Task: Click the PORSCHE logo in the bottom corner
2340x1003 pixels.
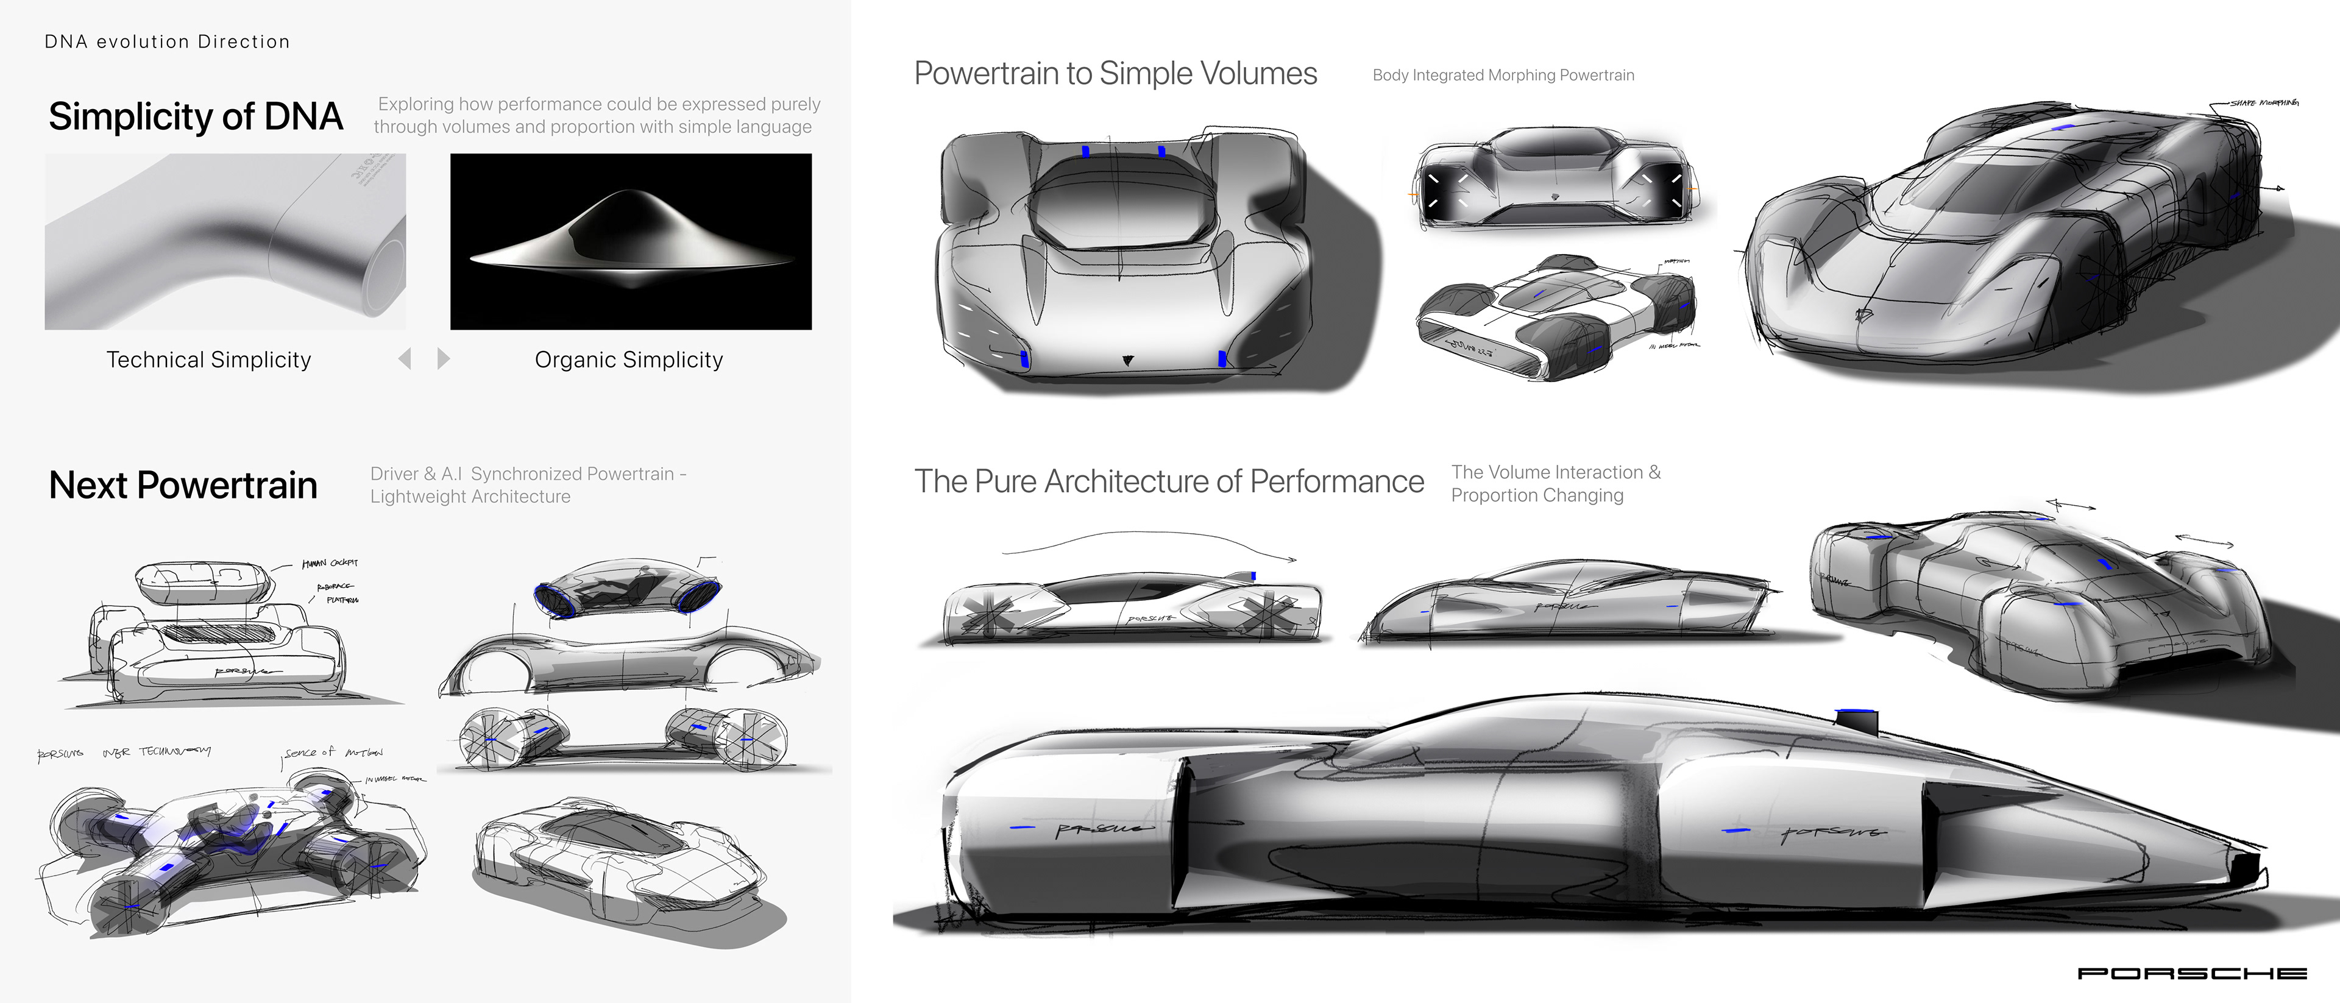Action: tap(2191, 973)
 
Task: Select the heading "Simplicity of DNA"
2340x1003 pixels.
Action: tap(195, 116)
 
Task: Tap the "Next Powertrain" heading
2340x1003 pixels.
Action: tap(183, 485)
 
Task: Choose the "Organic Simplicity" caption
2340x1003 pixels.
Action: tap(629, 360)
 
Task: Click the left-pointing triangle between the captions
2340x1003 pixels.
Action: tap(405, 359)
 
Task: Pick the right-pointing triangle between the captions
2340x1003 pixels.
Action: tap(443, 359)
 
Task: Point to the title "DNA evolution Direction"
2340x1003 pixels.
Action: tap(167, 42)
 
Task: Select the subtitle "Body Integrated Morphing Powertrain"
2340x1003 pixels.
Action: tap(1503, 76)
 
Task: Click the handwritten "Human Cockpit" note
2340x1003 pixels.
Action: tap(330, 563)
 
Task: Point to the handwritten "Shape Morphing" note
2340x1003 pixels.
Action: tap(2264, 102)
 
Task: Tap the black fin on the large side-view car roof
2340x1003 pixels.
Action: tap(1855, 721)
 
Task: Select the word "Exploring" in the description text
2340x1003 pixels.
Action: tap(415, 104)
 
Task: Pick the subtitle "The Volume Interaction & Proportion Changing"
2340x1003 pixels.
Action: tap(1555, 483)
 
